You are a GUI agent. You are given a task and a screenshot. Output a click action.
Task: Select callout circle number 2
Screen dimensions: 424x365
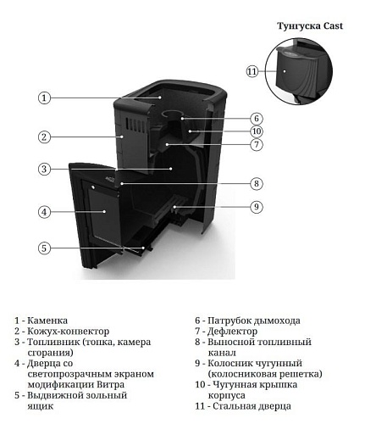click(45, 137)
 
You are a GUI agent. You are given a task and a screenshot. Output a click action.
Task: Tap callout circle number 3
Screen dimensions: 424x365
click(45, 169)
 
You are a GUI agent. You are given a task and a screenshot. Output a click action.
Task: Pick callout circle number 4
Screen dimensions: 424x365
click(45, 211)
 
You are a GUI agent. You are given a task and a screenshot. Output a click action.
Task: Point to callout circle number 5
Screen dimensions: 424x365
click(45, 248)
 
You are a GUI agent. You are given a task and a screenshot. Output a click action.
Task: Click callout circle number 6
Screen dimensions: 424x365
click(257, 119)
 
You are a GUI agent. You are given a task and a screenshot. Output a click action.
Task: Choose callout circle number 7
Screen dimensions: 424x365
click(257, 145)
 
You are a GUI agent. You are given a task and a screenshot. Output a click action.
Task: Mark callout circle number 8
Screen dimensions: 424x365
click(257, 183)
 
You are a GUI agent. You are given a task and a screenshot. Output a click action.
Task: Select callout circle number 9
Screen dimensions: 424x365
click(257, 206)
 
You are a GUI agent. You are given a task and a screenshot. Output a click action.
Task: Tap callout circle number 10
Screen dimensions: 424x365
click(257, 131)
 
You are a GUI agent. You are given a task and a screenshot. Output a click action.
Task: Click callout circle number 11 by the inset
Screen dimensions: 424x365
click(252, 71)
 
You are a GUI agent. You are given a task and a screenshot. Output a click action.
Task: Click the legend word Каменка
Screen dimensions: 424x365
click(48, 321)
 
